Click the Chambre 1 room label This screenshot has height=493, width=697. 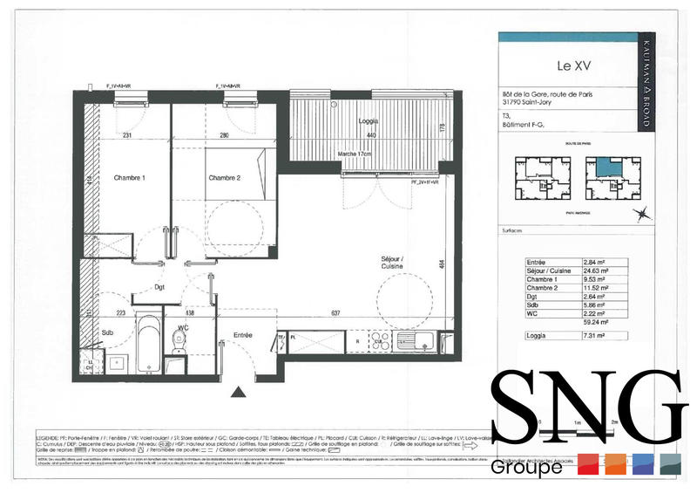pyautogui.click(x=129, y=178)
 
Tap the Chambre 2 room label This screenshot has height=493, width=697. pyautogui.click(x=224, y=178)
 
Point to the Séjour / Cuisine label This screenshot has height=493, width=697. pyautogui.click(x=396, y=264)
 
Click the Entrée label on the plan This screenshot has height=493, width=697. pyautogui.click(x=243, y=334)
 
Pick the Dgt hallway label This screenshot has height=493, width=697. pyautogui.click(x=159, y=285)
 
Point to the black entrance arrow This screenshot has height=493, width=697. pyautogui.click(x=236, y=393)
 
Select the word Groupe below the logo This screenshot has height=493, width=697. pyautogui.click(x=526, y=467)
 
